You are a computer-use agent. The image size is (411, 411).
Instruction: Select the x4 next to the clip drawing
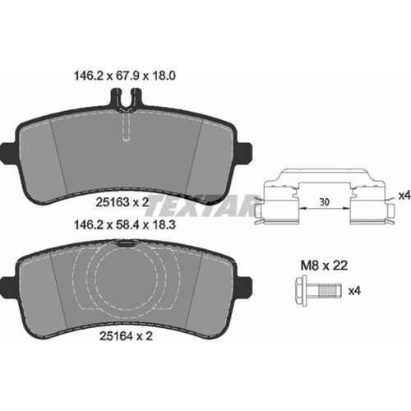pyautogui.click(x=404, y=195)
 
